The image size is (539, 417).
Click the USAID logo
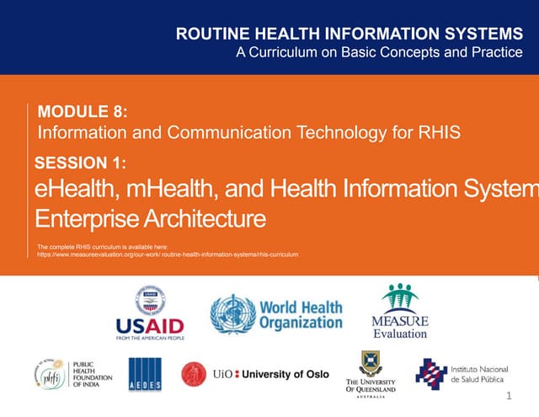click(x=150, y=312)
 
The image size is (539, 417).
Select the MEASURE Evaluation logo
click(x=399, y=311)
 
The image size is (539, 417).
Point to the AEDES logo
click(x=146, y=374)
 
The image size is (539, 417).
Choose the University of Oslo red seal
click(x=195, y=374)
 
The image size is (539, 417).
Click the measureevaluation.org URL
click(x=168, y=254)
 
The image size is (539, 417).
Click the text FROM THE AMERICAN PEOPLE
click(x=150, y=337)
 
